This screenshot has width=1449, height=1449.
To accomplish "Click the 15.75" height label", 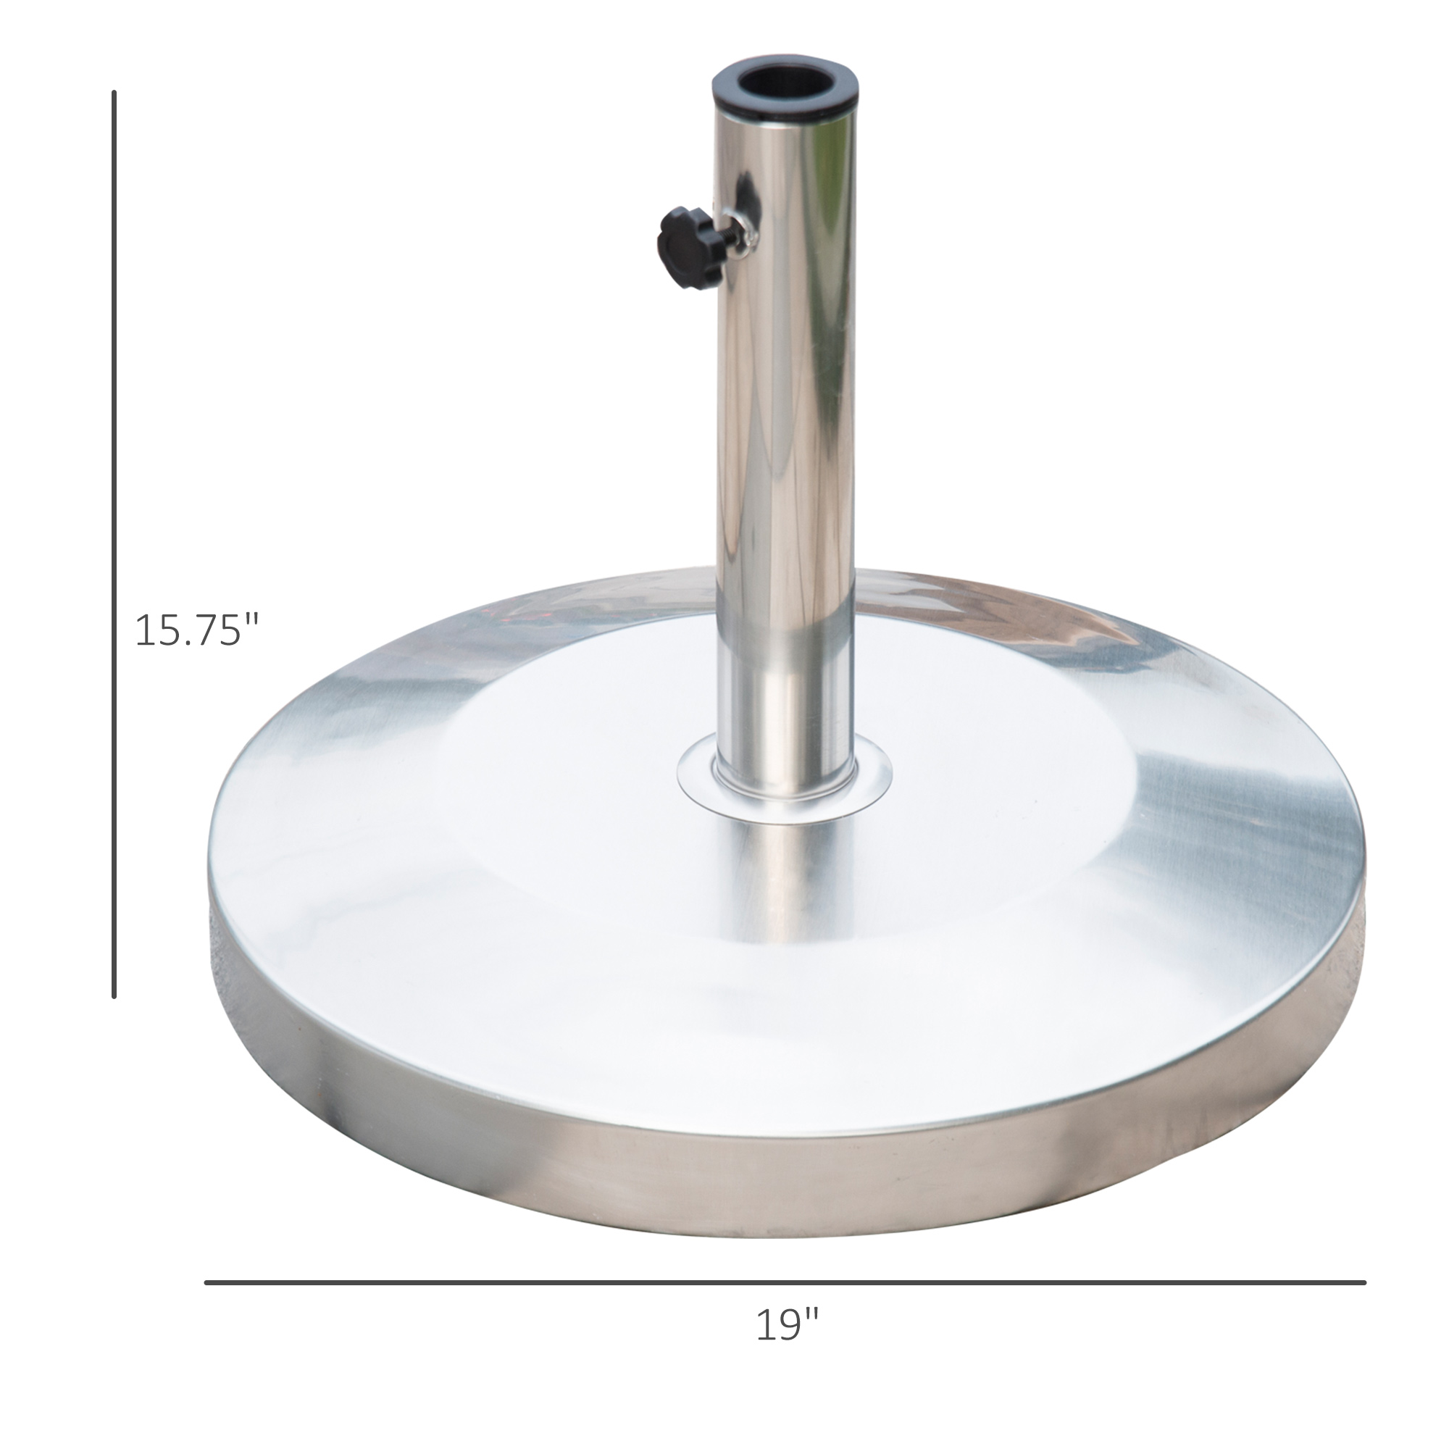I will pos(196,631).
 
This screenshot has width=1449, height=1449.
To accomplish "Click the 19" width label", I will pos(787,1345).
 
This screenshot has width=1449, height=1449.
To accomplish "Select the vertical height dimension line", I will pos(114,525).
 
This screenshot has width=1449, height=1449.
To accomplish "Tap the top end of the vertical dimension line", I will pos(114,93).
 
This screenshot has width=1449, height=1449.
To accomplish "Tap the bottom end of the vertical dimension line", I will pos(114,996).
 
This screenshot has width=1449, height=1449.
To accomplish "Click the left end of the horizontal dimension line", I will pos(208,1282).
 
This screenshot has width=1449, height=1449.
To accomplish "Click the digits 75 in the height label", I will pos(218,631).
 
